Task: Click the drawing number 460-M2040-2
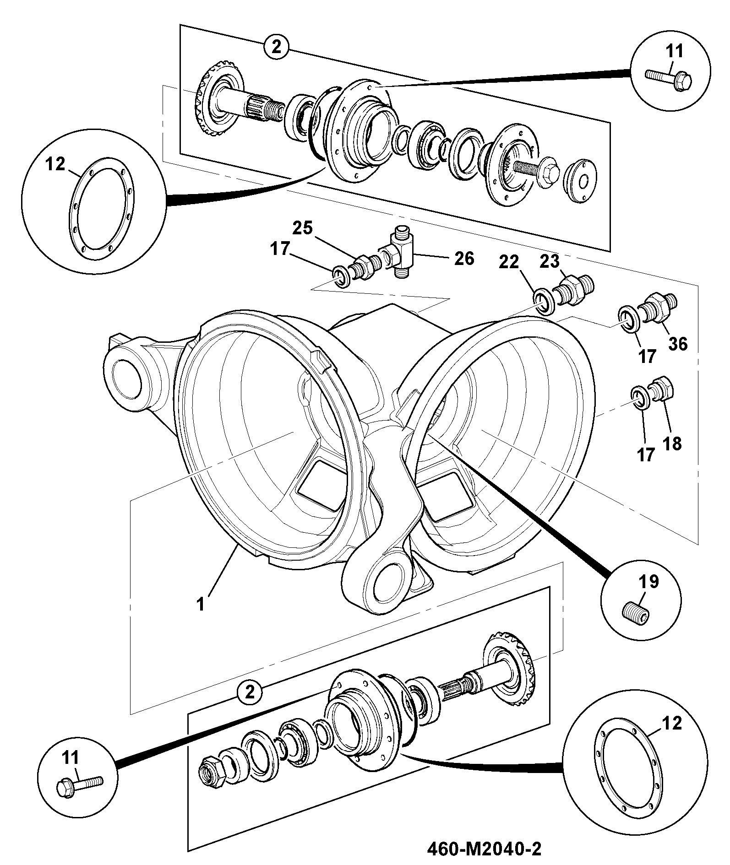coord(484,850)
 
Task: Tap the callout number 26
coord(464,259)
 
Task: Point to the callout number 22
coord(509,262)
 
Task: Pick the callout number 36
coord(678,343)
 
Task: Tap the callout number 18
coord(672,443)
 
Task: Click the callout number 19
coord(649,582)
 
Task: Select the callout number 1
coord(200,604)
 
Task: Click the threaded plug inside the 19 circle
coord(636,612)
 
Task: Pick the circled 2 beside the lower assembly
coord(250,705)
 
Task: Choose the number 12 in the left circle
coord(55,164)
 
